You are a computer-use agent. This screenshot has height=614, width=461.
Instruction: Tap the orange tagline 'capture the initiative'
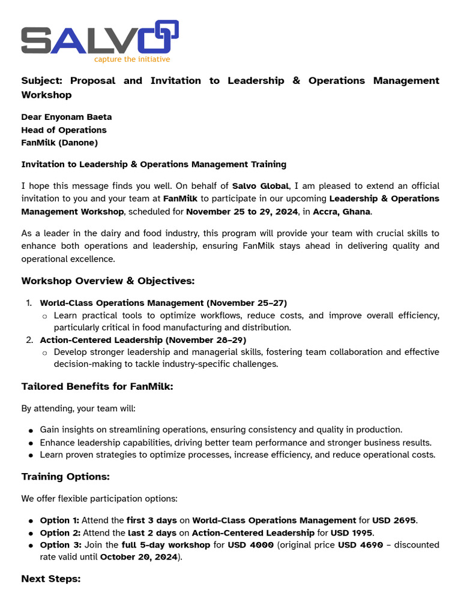131,59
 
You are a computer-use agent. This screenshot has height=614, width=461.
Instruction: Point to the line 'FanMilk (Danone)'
59,143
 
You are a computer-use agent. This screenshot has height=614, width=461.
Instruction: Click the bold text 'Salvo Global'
260,186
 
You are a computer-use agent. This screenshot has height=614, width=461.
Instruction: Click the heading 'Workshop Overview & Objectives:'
108,281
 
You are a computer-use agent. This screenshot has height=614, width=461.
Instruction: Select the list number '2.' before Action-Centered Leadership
29,340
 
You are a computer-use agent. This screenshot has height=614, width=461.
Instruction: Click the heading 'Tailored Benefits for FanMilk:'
97,387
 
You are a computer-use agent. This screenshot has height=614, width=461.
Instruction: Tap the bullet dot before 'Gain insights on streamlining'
31,431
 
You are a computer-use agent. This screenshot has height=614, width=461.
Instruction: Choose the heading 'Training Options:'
65,477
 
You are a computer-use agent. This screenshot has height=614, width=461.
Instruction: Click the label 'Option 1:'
59,520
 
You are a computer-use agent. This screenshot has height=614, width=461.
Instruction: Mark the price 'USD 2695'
394,520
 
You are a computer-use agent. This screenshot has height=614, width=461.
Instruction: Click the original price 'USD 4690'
360,544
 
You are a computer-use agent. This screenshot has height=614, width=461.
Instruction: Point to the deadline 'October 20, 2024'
139,557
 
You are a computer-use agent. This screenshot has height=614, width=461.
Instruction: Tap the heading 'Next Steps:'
50,579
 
